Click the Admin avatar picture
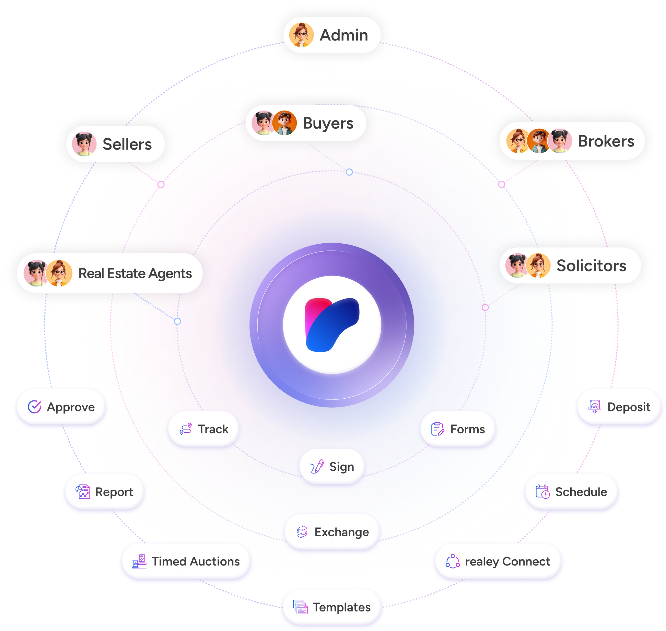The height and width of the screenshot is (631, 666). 301,35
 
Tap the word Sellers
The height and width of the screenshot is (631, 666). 127,144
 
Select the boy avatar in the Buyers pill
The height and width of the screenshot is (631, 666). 284,123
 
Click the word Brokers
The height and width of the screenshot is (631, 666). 606,141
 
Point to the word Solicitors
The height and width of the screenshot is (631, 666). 591,266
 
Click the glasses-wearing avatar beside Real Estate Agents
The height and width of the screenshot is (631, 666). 59,273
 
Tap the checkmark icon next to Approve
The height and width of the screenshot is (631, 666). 35,407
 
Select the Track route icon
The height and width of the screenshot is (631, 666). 186,429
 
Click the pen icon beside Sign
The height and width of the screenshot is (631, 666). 317,467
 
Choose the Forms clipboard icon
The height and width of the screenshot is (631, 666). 438,429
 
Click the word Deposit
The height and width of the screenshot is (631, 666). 629,407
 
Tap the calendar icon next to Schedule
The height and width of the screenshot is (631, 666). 543,492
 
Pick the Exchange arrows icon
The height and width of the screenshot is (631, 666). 302,532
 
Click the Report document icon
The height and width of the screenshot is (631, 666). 83,492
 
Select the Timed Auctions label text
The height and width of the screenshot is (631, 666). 196,561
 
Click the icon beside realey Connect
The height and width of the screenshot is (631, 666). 453,561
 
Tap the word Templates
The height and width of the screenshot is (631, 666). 342,607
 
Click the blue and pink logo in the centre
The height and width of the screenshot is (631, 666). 332,325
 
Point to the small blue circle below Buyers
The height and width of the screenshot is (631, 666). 349,172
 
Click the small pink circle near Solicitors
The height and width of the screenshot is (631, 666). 485,307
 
